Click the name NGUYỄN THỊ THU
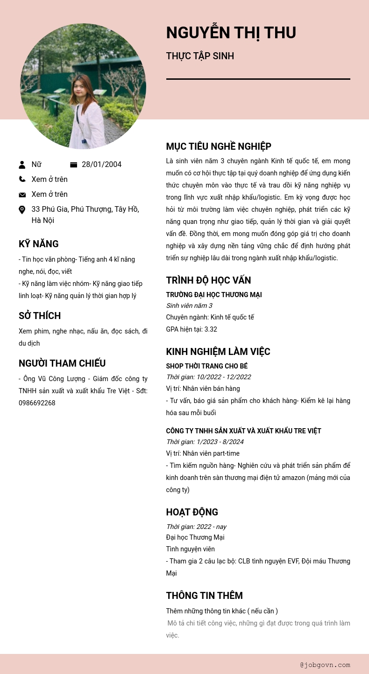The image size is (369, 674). (x=231, y=33)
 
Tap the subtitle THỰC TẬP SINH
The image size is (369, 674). (x=200, y=56)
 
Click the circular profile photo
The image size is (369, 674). (x=83, y=86)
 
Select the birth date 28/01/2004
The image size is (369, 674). (x=101, y=164)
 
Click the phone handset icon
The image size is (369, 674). (x=22, y=179)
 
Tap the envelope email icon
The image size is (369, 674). (x=22, y=195)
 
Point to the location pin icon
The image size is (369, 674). (x=22, y=210)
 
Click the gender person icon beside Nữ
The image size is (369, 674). (x=22, y=165)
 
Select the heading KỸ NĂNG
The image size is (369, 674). (x=39, y=244)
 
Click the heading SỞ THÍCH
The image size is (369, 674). (x=40, y=316)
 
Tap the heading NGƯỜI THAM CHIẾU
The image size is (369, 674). (x=62, y=363)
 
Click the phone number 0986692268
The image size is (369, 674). (x=37, y=403)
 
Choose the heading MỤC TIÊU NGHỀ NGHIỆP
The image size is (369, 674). (x=219, y=146)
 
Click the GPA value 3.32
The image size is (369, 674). (x=211, y=329)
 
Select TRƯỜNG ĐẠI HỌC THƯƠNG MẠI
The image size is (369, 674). (x=213, y=295)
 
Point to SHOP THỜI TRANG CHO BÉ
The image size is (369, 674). (x=206, y=366)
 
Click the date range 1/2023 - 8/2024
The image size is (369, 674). (x=220, y=442)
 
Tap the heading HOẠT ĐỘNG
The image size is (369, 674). (x=192, y=512)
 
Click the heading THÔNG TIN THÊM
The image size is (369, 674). (x=204, y=596)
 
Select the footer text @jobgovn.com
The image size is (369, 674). (x=325, y=665)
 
